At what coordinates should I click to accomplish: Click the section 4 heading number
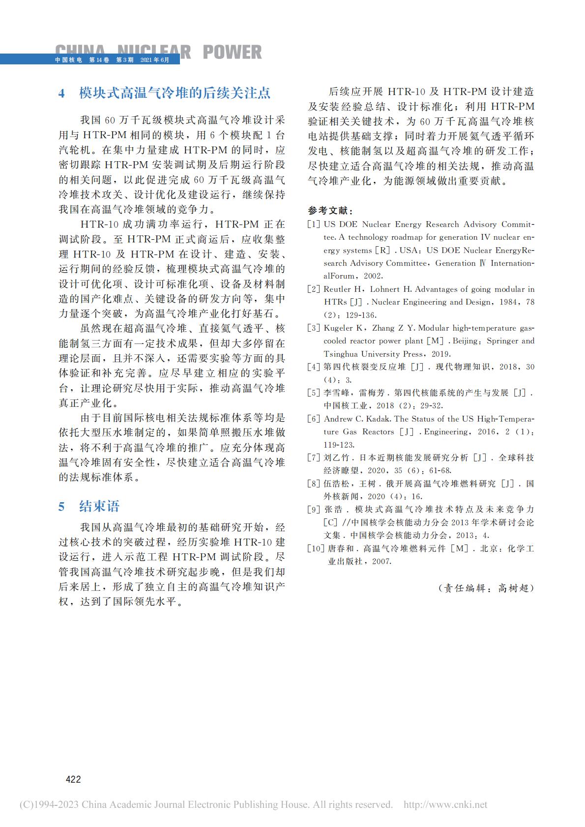point(62,93)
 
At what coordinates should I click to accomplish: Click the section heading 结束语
point(99,507)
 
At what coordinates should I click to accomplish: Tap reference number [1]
point(314,225)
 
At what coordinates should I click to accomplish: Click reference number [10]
point(316,548)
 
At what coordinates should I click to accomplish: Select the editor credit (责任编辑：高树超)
point(486,588)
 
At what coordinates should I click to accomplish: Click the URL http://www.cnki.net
point(445,804)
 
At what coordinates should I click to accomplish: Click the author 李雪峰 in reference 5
point(335,393)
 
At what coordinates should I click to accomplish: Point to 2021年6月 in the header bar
point(154,60)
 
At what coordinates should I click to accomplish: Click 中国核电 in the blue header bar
point(68,60)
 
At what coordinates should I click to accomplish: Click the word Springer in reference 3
point(501,341)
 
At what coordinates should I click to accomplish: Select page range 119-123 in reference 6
point(339,445)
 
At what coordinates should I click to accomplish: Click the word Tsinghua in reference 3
point(341,354)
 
